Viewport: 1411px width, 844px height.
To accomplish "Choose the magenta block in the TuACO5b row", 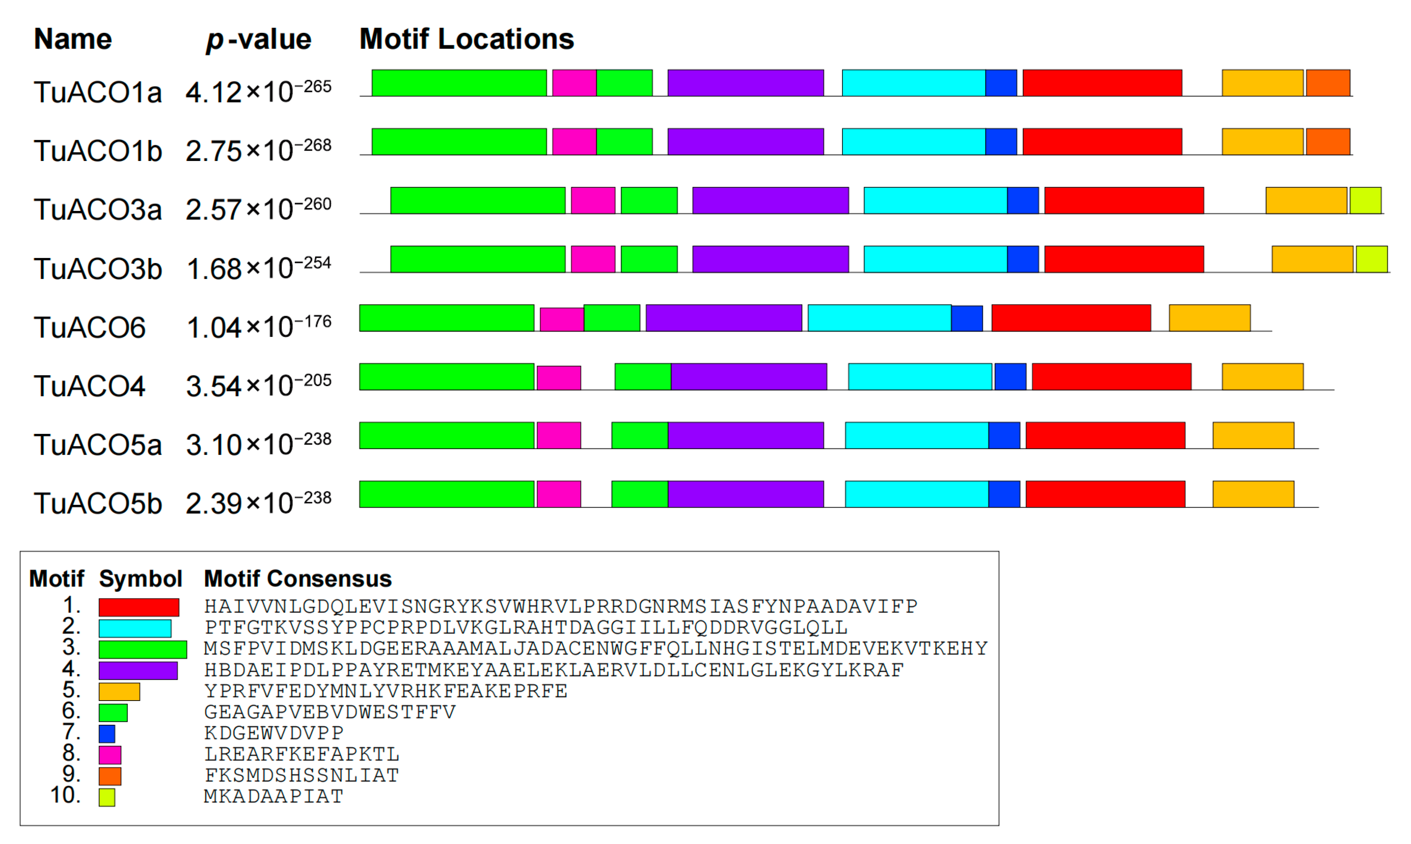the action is point(559,494).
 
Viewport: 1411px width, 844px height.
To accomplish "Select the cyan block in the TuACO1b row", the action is point(914,142).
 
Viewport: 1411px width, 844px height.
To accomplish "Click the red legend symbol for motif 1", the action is point(139,607).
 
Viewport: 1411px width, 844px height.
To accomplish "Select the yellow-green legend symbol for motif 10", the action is point(107,797).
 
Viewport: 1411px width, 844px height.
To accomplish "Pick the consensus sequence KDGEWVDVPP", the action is point(274,734).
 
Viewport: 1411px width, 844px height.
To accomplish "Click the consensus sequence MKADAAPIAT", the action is point(274,797).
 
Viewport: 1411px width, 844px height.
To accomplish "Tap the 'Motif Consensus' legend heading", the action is point(298,579).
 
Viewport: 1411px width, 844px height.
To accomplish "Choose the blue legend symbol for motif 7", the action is point(107,734).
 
